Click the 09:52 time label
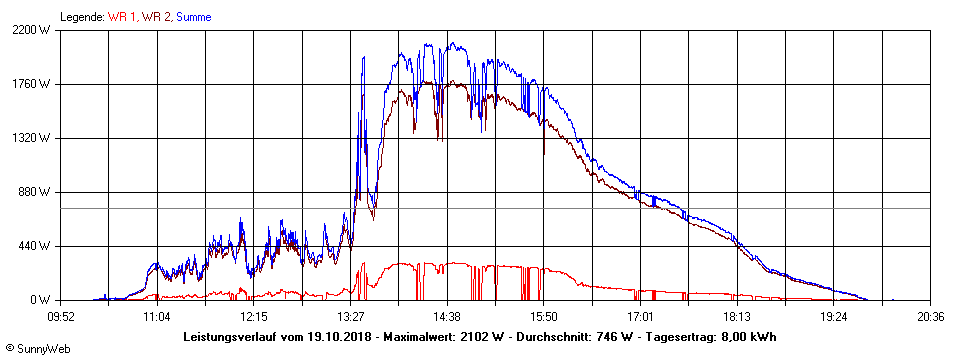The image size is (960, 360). [61, 316]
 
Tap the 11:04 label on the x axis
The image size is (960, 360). [157, 316]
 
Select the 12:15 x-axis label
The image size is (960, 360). [254, 316]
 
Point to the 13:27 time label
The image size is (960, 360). [351, 316]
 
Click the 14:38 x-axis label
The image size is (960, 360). [447, 316]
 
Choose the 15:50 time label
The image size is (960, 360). [544, 316]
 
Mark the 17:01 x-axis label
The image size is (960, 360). [640, 316]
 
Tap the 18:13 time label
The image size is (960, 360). [737, 316]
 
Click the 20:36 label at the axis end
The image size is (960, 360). [930, 316]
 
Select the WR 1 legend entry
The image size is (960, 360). [123, 17]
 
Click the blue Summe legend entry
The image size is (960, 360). [193, 17]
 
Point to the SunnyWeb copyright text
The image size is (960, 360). [37, 349]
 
